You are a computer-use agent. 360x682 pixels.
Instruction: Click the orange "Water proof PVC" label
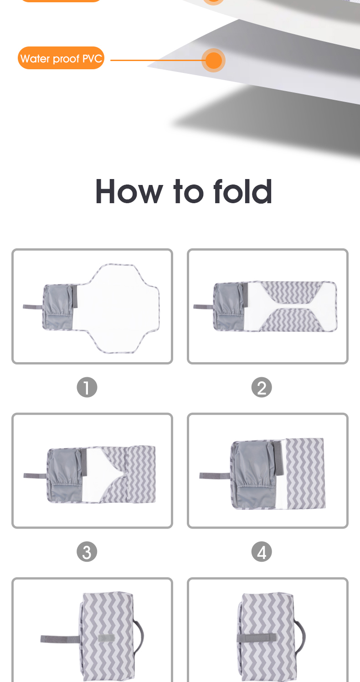tap(61, 59)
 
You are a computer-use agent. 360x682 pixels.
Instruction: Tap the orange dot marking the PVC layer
tap(213, 60)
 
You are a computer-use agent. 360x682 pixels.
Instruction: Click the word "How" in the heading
tap(129, 192)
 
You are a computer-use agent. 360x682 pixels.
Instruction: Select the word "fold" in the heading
tap(242, 192)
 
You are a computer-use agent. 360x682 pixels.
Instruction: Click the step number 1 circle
tap(87, 388)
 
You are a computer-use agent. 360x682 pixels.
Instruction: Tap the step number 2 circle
tap(262, 388)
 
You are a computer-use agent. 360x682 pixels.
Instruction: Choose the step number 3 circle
tap(87, 552)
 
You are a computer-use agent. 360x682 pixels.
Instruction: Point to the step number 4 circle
tap(262, 552)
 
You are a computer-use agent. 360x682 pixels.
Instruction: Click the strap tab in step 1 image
tap(33, 307)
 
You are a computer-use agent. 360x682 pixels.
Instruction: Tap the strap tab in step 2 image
tap(203, 307)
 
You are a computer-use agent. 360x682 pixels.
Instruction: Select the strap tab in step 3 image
tap(35, 476)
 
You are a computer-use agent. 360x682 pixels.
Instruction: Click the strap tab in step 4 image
tap(214, 476)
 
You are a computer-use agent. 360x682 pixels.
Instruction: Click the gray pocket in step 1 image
tap(58, 307)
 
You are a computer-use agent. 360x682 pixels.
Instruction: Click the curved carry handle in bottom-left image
tap(141, 638)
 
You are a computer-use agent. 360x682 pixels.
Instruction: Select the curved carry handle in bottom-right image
tap(301, 638)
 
